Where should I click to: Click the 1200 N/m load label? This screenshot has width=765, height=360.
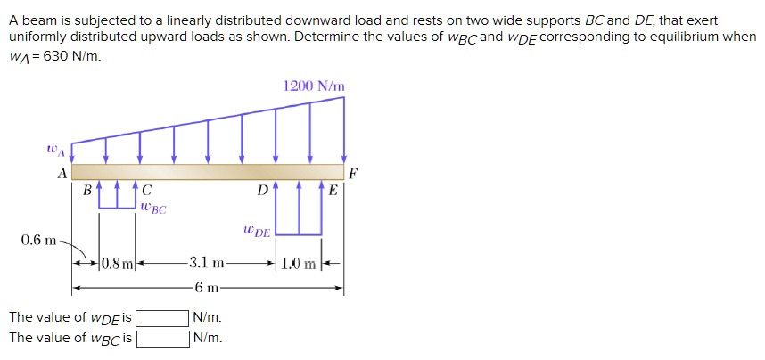(313, 86)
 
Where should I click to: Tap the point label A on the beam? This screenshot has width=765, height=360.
(62, 174)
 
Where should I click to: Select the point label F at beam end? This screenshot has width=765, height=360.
(354, 173)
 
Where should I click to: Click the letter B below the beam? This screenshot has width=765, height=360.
(86, 190)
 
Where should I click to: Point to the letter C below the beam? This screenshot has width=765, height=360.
(146, 190)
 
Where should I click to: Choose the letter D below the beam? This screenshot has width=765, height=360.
(261, 190)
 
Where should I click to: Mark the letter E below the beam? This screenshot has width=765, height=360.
(333, 190)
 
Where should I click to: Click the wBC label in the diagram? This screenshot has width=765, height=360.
(152, 208)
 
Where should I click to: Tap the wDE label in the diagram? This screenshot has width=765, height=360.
(257, 231)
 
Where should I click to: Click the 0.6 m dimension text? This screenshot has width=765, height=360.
(38, 241)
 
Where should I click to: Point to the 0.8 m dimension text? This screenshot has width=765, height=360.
(117, 263)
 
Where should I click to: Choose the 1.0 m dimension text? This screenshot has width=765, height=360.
(299, 263)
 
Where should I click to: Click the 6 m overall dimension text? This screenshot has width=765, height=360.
(208, 287)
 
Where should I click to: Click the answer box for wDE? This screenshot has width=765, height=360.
(161, 318)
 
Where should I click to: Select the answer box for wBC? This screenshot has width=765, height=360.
(161, 338)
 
